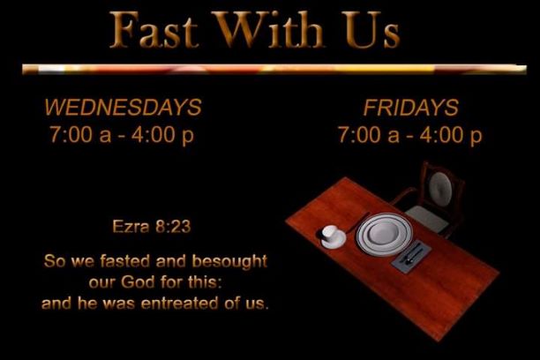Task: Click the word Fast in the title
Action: click(154, 29)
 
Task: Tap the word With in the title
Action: click(267, 29)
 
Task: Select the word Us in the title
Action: click(372, 29)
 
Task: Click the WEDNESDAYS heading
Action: click(123, 107)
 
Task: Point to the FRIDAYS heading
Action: click(411, 108)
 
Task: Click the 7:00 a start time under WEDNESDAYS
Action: click(80, 134)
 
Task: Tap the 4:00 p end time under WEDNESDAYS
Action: click(162, 135)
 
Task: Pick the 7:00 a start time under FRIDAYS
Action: click(369, 134)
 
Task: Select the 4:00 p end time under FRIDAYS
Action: click(451, 135)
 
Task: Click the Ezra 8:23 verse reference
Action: click(152, 227)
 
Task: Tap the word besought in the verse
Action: click(229, 261)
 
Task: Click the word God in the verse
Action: click(138, 282)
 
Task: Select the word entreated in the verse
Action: click(180, 304)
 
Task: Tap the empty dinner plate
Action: click(384, 234)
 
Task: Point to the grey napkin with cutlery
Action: click(411, 256)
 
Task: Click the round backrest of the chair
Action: click(440, 189)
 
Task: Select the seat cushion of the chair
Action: click(427, 219)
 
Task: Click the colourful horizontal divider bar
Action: click(274, 69)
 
